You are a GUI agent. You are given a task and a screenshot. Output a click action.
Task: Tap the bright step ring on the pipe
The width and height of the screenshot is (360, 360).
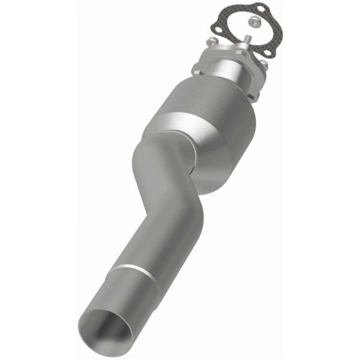coord(131,272)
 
